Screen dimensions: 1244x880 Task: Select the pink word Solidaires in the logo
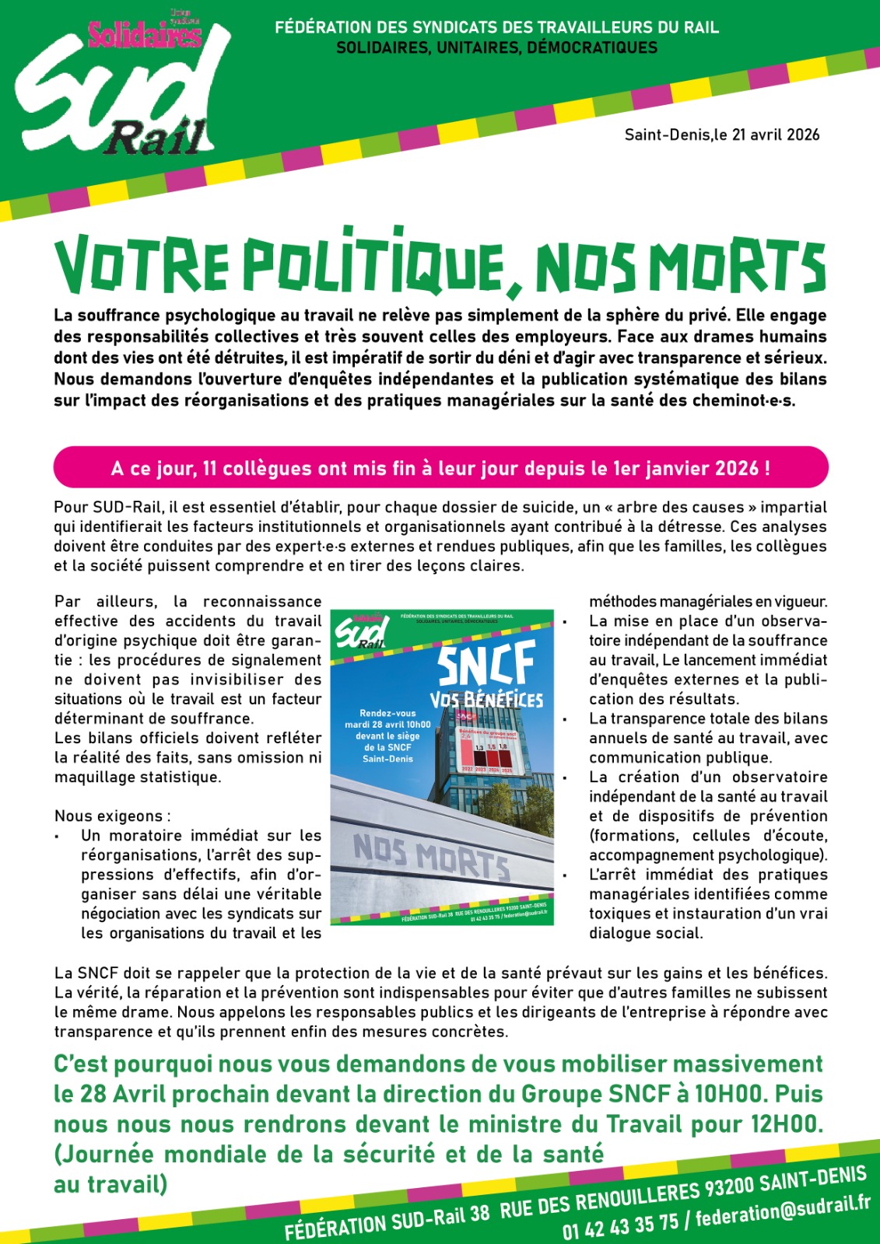(x=145, y=35)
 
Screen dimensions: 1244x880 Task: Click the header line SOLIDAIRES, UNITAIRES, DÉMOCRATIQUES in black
(x=496, y=48)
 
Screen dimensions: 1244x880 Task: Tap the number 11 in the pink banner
(x=209, y=469)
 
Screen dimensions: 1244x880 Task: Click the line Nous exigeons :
(x=113, y=816)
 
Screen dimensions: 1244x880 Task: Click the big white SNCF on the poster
(x=486, y=663)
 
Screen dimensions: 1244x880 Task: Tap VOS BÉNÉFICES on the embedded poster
(x=486, y=699)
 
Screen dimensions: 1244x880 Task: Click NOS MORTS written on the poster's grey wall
(x=431, y=855)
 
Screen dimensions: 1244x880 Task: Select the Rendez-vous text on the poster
(x=387, y=713)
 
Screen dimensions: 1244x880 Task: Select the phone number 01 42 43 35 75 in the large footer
(x=621, y=1226)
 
